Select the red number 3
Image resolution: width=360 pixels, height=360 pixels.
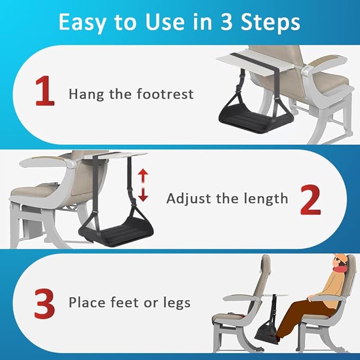44,302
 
